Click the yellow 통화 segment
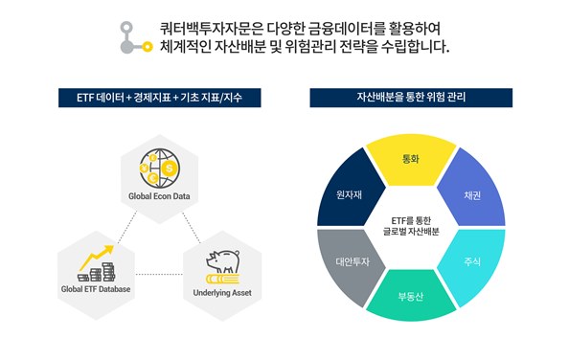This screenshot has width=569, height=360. pos(409,158)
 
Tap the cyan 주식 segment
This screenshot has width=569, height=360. pos(471,260)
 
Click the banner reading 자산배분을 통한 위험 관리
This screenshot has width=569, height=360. pos(410,98)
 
